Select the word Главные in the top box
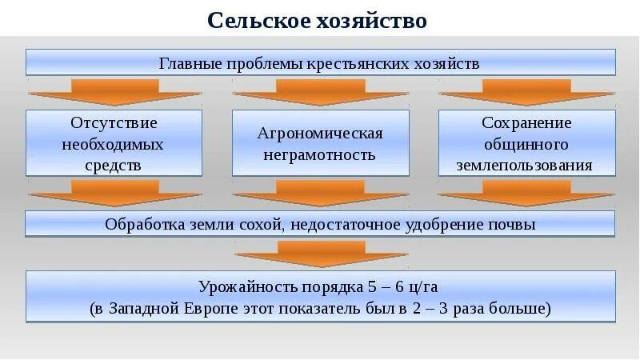[188, 63]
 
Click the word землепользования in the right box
[526, 166]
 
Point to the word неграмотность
[320, 155]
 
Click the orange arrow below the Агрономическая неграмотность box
[320, 191]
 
